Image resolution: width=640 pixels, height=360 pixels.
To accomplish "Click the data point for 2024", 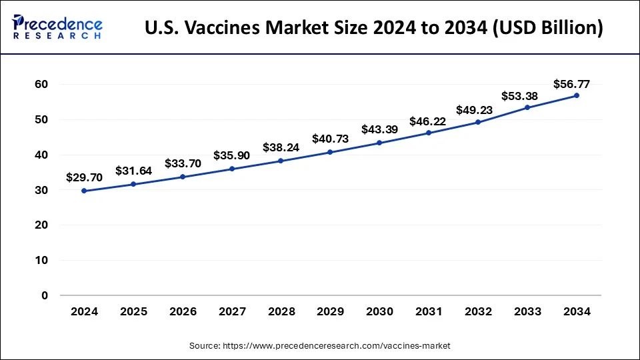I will [83, 191].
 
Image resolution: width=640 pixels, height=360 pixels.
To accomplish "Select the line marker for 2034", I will [577, 95].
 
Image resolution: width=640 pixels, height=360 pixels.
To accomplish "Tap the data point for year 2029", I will [330, 152].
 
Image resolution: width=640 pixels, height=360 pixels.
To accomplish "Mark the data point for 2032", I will [478, 122].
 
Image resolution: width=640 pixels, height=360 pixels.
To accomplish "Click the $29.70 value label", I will [83, 177].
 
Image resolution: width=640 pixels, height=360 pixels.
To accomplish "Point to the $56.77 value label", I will [571, 84].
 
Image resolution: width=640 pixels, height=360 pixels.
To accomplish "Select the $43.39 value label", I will [379, 129].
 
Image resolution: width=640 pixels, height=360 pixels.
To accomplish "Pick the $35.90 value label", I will [231, 155].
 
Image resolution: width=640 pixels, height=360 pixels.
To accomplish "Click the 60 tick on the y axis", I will [43, 85].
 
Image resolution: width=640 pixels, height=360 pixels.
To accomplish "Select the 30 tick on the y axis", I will [43, 190].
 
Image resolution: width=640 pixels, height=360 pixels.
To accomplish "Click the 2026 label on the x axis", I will [182, 312].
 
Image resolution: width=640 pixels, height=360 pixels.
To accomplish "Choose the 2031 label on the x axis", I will [429, 312].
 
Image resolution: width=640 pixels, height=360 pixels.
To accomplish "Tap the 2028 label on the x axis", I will [281, 312].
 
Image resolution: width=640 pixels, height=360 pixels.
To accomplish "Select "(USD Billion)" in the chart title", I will [547, 28].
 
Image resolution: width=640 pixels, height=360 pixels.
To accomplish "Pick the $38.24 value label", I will [281, 147].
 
